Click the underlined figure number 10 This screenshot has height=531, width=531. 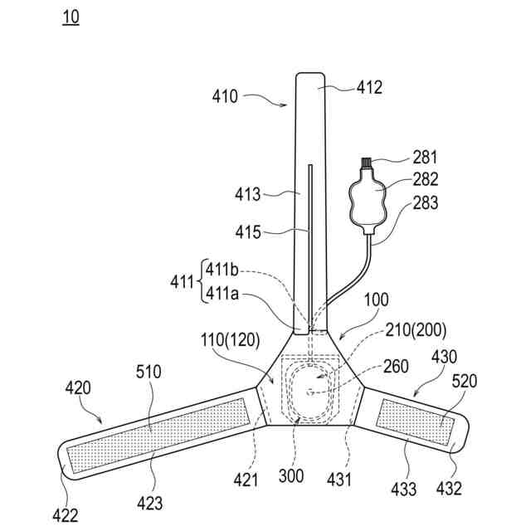[71, 17]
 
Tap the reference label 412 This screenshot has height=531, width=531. [369, 86]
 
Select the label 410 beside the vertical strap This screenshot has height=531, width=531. [224, 96]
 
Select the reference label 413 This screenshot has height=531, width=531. [247, 194]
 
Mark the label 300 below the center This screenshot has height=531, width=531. [291, 476]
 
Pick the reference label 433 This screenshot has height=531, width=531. [405, 490]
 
